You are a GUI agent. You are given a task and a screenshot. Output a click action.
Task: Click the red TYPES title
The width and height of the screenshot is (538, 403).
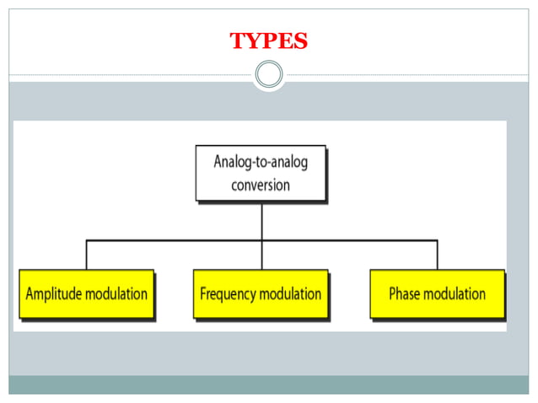point(268,40)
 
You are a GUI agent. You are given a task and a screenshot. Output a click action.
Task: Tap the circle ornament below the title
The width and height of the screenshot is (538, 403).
point(269,76)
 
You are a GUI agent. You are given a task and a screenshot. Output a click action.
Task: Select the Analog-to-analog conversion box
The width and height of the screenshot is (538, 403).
point(261,174)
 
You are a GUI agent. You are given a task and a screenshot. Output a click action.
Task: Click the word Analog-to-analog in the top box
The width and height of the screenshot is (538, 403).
point(261,163)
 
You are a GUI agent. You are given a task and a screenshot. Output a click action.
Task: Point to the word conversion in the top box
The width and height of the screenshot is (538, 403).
point(261,185)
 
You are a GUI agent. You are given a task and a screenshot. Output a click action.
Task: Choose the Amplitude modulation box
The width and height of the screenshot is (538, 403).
point(87,294)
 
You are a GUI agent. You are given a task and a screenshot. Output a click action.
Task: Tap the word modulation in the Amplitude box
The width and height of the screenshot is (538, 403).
point(117,294)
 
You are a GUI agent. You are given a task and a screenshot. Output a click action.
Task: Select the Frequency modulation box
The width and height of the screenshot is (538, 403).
point(261,294)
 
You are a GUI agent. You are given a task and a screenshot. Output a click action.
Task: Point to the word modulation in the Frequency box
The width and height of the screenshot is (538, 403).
point(291,294)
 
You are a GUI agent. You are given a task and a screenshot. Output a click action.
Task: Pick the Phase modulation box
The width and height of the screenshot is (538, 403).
point(437,294)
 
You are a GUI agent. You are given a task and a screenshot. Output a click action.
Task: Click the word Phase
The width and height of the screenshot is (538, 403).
point(406,294)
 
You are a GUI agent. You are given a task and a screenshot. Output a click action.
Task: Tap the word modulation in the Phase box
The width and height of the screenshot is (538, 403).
point(455,294)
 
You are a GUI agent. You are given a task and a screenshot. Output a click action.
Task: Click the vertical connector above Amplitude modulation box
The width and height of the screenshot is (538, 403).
point(86,255)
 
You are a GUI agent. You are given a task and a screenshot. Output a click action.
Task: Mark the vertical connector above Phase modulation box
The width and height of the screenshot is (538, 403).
point(437,255)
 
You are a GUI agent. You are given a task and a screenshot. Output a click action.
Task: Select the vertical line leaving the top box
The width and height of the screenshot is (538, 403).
point(261,221)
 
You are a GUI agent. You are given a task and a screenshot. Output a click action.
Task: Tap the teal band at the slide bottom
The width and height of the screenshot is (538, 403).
point(269,384)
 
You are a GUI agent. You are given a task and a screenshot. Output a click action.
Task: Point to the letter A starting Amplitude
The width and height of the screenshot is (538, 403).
point(30,294)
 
